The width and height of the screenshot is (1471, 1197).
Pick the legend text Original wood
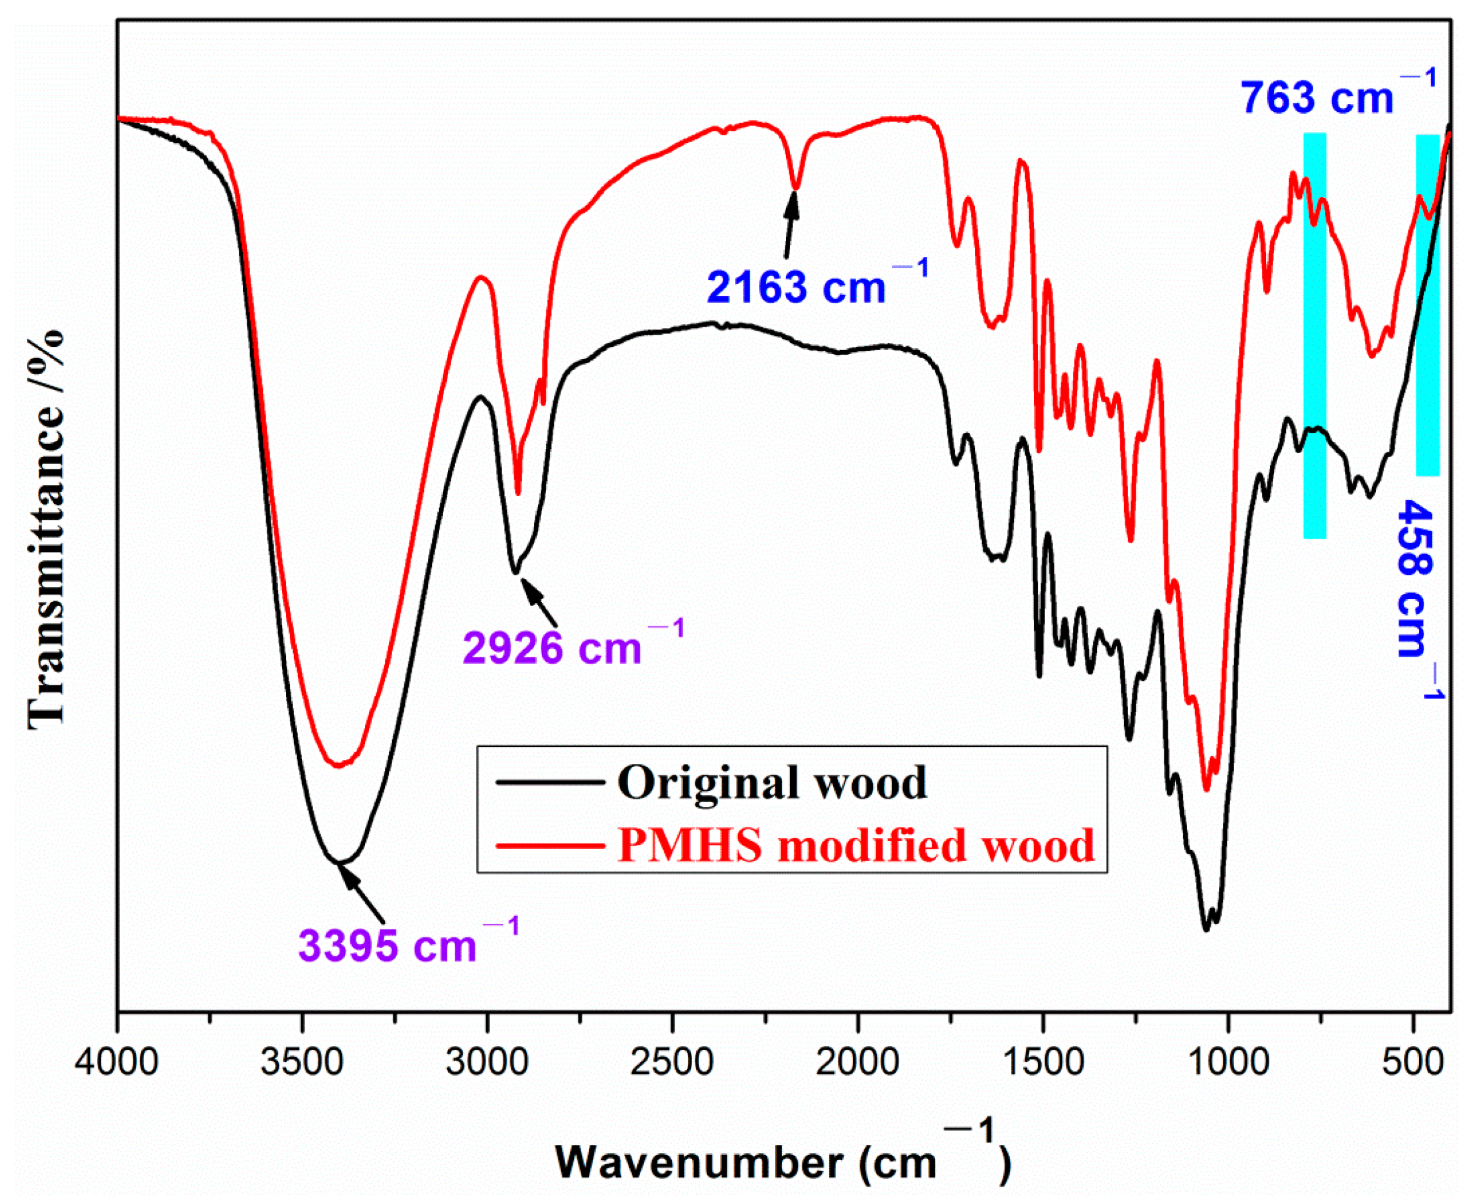click(772, 782)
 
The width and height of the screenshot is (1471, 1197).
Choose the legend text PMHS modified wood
click(855, 845)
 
